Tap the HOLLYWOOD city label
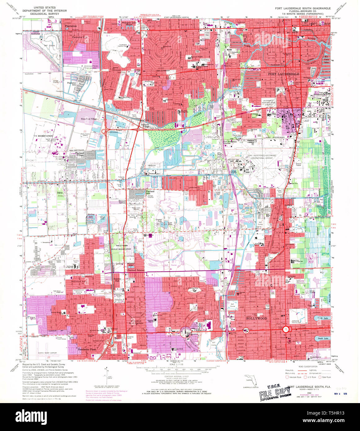pyautogui.click(x=256, y=318)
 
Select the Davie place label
pyautogui.click(x=60, y=193)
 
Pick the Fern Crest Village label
pyautogui.click(x=89, y=119)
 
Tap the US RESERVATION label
pyautogui.click(x=43, y=136)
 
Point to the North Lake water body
pyautogui.click(x=320, y=318)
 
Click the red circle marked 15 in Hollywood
pyautogui.click(x=286, y=329)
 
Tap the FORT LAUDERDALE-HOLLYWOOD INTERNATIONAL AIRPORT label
pyautogui.click(x=260, y=157)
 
